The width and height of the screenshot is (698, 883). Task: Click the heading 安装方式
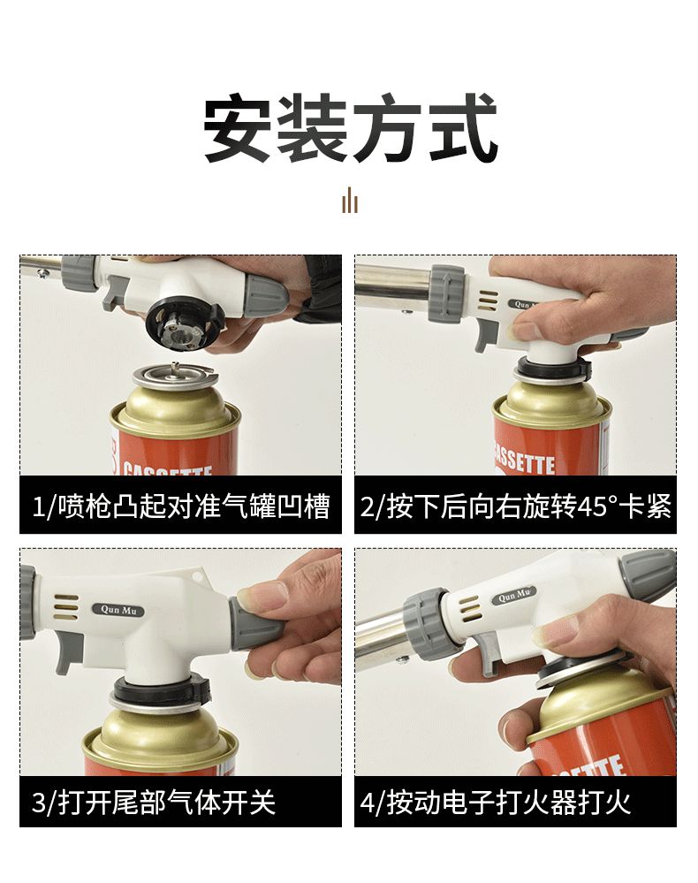[350, 128]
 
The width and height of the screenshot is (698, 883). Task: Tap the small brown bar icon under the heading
[350, 201]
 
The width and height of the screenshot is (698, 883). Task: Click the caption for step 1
[181, 506]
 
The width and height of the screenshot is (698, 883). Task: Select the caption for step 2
[516, 506]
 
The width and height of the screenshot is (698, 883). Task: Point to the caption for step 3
[154, 802]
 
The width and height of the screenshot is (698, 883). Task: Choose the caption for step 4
[496, 802]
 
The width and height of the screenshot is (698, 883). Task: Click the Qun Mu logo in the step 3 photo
[118, 610]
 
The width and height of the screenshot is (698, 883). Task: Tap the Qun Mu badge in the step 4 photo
[514, 595]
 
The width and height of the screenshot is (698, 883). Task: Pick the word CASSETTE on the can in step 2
[524, 461]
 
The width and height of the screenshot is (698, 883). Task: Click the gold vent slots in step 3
[66, 607]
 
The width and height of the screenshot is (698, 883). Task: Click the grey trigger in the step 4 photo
[489, 652]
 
